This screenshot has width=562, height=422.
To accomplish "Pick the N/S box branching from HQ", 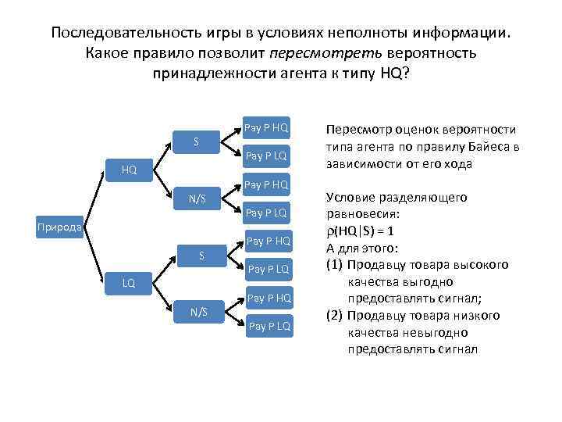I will click(x=196, y=198).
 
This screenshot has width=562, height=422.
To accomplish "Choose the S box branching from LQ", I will click(x=201, y=255).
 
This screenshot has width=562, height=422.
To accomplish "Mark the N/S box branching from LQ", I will click(x=199, y=312).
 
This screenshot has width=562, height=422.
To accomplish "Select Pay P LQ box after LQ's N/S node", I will click(x=269, y=326).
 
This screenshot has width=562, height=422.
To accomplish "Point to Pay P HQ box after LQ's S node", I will click(x=269, y=240).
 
